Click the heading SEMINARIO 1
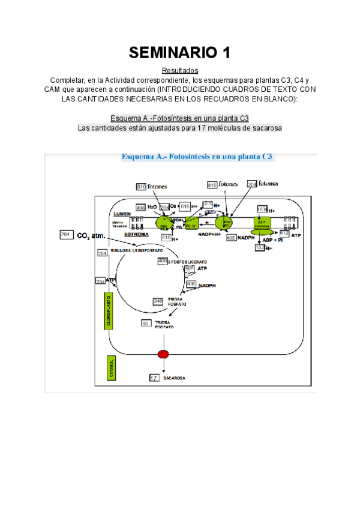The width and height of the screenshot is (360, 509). pos(180,53)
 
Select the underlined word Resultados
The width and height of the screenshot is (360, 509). pos(180,71)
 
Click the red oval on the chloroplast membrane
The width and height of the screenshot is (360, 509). pos(163,354)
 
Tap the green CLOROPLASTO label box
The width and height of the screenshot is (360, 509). pos(108,310)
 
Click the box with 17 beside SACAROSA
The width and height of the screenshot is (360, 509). pos(154,378)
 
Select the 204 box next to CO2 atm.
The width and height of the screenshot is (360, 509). pos(67,235)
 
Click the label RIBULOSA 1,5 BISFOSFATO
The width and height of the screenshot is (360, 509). pos(139,246)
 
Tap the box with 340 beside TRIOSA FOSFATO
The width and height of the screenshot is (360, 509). pos(158,301)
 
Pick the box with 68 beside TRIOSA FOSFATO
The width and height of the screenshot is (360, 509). pos(146,324)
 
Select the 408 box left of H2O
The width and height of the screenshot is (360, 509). pos(140,208)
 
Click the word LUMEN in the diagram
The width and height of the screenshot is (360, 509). pos(122,214)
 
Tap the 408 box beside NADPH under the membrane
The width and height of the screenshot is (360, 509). pos(231,238)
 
